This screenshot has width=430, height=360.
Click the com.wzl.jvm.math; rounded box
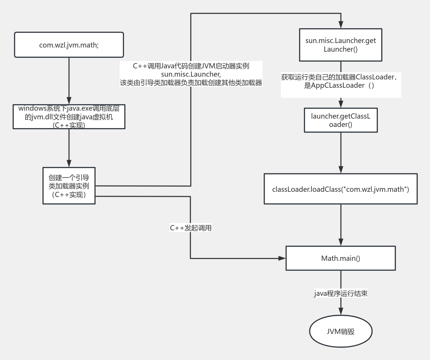pyautogui.click(x=69, y=45)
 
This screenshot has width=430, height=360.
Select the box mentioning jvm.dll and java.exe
pyautogui.click(x=69, y=117)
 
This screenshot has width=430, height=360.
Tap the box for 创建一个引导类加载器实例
pyautogui.click(x=69, y=186)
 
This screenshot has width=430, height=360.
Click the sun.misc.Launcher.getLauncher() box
pyautogui.click(x=341, y=45)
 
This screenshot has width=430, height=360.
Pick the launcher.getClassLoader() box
pyautogui.click(x=341, y=120)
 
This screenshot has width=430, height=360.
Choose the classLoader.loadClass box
pyautogui.click(x=341, y=189)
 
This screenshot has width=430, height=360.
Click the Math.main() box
pyautogui.click(x=341, y=258)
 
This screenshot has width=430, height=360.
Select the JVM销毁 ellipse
pyautogui.click(x=341, y=332)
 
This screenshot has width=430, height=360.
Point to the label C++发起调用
pyautogui.click(x=190, y=228)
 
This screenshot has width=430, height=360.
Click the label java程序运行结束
pyautogui.click(x=341, y=293)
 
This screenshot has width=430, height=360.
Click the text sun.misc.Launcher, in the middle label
pyautogui.click(x=191, y=74)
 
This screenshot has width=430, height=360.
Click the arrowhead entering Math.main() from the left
pyautogui.click(x=282, y=258)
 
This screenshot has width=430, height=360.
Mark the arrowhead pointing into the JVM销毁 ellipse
pyautogui.click(x=341, y=311)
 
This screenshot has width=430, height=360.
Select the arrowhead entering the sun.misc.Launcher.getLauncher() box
pyautogui.click(x=341, y=25)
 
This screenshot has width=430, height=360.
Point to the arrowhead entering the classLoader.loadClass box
pyautogui.click(x=341, y=170)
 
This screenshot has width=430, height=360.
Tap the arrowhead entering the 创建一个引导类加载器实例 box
pyautogui.click(x=69, y=163)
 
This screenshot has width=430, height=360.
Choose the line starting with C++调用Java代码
pyautogui.click(x=191, y=66)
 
